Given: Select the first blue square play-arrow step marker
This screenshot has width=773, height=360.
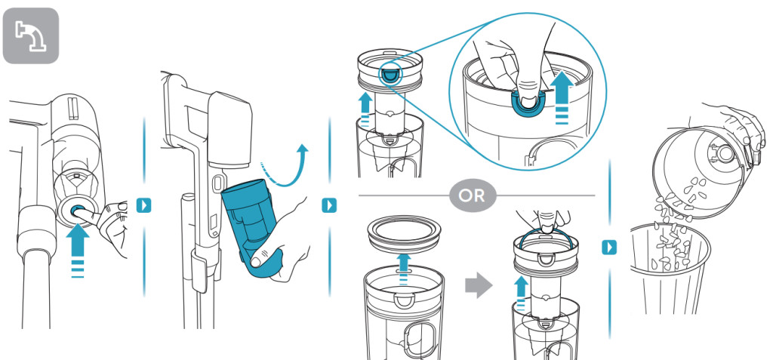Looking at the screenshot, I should [x=143, y=204].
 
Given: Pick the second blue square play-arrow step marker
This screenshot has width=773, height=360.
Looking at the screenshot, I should [x=329, y=204].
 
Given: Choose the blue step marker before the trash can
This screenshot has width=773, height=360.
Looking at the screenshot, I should [x=608, y=247].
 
